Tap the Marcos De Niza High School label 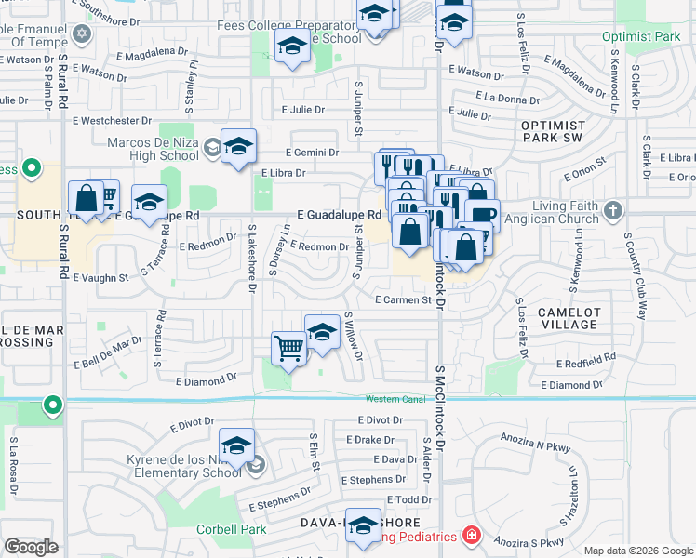[153, 149]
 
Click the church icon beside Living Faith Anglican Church [612, 211]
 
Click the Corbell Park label [231, 530]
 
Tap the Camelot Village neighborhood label [569, 318]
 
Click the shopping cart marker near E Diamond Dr [288, 350]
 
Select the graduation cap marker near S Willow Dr [322, 332]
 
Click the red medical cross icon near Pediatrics [472, 536]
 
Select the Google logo [31, 547]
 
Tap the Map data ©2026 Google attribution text [638, 550]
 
